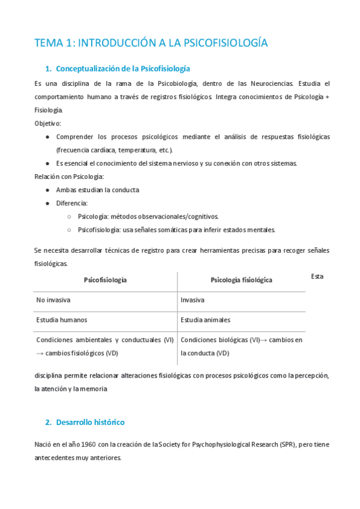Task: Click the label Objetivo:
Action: [48, 123]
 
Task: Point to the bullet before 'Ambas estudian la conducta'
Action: [47, 190]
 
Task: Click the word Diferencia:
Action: [72, 203]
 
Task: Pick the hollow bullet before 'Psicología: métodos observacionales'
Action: [70, 216]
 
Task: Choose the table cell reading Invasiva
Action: [193, 300]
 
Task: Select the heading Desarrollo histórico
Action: [90, 422]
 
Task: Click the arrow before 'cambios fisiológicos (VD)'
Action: [40, 353]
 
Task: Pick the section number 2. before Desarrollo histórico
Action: [49, 422]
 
